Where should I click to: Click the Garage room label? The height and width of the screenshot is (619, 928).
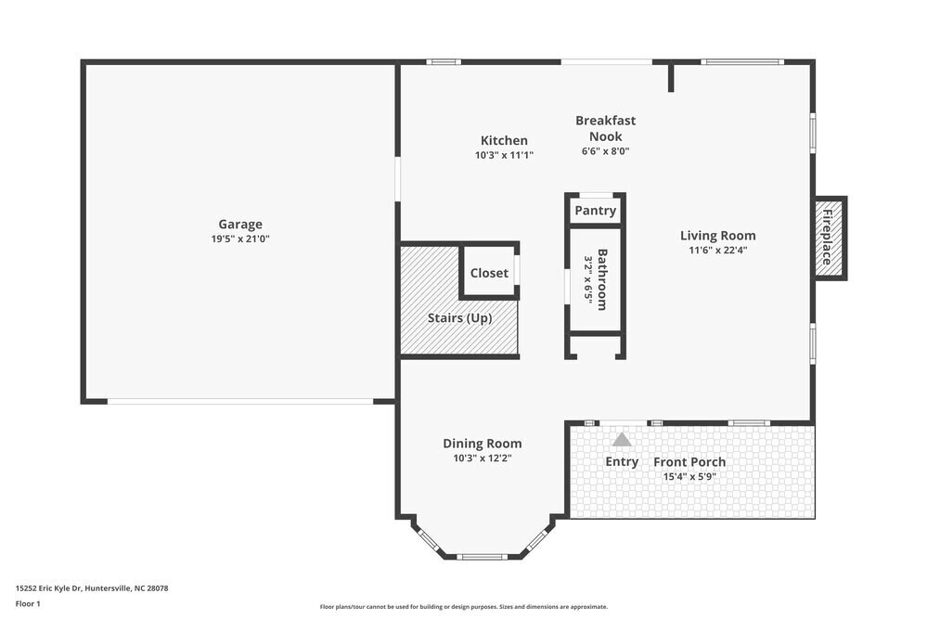pos(240,224)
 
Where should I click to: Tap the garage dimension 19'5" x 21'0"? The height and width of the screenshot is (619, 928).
pos(240,239)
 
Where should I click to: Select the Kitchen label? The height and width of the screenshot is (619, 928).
pos(504,140)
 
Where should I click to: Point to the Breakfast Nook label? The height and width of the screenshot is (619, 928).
pos(605,128)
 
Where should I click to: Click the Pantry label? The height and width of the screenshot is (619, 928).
pos(595,211)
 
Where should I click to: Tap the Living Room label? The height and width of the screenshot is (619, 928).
pos(717,236)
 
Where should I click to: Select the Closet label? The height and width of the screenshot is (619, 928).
pos(489,273)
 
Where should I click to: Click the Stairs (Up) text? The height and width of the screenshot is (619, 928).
pos(459,317)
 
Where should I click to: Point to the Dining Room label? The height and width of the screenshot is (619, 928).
pos(482,444)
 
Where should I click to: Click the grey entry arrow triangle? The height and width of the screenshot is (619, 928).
pos(621,440)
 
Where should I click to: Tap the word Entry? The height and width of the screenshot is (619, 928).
pos(622,461)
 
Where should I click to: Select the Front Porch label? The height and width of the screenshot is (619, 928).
pos(690,462)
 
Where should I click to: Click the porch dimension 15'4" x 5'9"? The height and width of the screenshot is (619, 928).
pos(690,477)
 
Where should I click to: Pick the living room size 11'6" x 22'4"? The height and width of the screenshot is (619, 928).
pos(717,251)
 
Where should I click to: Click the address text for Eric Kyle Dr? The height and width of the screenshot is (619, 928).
pos(92,587)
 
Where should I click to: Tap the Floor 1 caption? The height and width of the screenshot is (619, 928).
pos(28,603)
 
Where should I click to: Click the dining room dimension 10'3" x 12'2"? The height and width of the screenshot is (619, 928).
pos(482,458)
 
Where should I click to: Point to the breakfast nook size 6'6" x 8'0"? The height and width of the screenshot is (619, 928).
pos(605,151)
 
